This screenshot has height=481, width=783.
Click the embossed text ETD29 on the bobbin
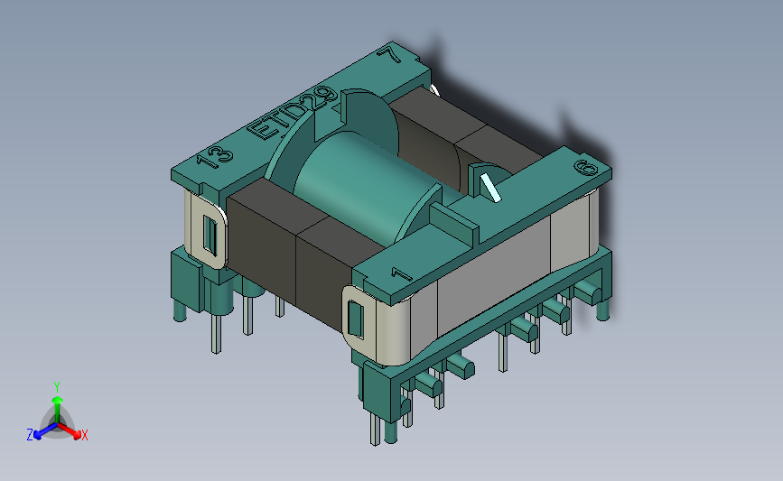point(293,113)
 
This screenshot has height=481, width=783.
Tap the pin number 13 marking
point(215,157)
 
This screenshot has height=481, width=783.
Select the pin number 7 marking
point(389,54)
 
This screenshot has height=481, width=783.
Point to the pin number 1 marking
point(402,274)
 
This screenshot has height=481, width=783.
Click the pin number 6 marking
point(586,168)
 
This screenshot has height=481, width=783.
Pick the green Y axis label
point(57,387)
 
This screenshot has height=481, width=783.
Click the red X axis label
point(84,435)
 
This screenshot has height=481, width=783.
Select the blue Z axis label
point(30,435)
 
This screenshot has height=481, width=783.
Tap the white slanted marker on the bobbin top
point(490,188)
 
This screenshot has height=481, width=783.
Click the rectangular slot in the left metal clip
point(210,235)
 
